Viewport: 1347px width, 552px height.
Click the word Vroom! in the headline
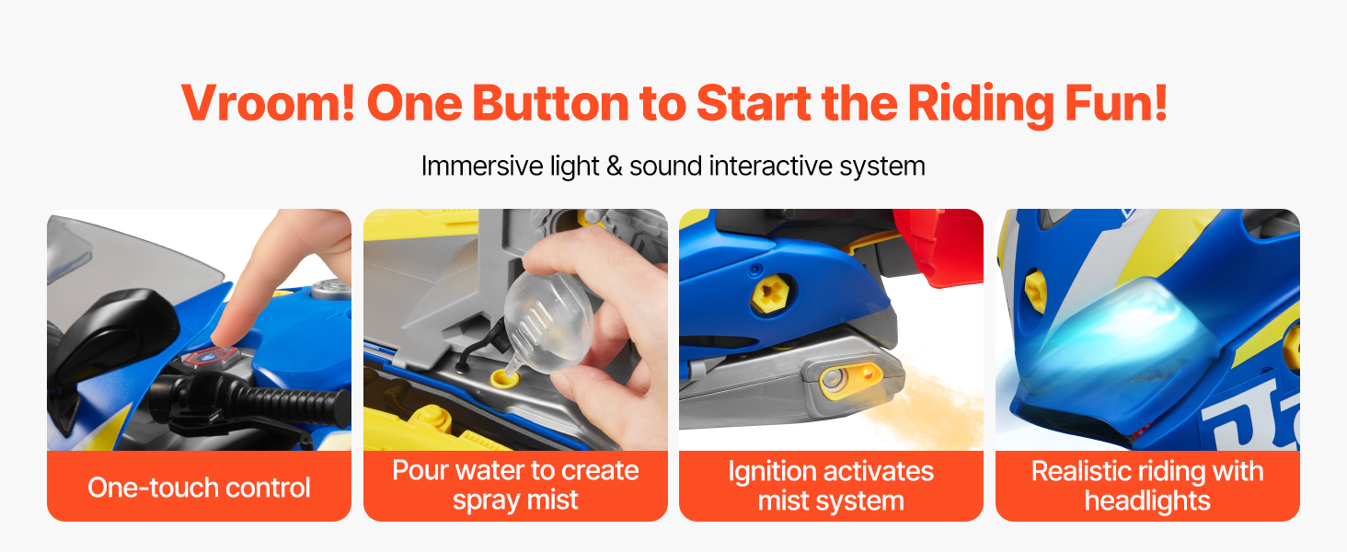(x=268, y=103)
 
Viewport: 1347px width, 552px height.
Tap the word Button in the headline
(x=550, y=103)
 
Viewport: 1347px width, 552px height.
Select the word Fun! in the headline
(x=1116, y=103)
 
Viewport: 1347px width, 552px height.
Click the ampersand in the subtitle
(x=614, y=167)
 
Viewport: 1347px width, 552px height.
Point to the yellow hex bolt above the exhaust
(x=770, y=293)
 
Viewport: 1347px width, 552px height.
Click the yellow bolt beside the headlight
(x=1035, y=292)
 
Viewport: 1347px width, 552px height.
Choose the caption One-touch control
(x=199, y=488)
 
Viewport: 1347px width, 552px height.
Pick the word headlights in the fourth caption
(x=1147, y=500)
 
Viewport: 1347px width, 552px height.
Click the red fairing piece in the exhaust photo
(x=938, y=247)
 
